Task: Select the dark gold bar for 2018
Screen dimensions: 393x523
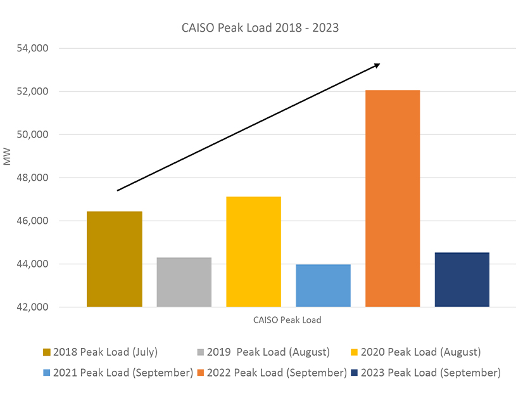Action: [x=115, y=259]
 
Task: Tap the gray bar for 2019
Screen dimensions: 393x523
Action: [x=184, y=282]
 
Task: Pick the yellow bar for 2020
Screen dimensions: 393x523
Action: [x=253, y=252]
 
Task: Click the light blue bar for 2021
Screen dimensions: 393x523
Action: [x=323, y=286]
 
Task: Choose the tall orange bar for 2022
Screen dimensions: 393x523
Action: [x=393, y=198]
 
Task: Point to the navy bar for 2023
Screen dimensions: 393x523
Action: [x=462, y=280]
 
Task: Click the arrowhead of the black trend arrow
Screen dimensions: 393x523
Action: [x=377, y=64]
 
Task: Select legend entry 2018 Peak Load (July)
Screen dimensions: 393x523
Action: [x=105, y=352]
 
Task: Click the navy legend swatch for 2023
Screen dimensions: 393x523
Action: [x=355, y=373]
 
